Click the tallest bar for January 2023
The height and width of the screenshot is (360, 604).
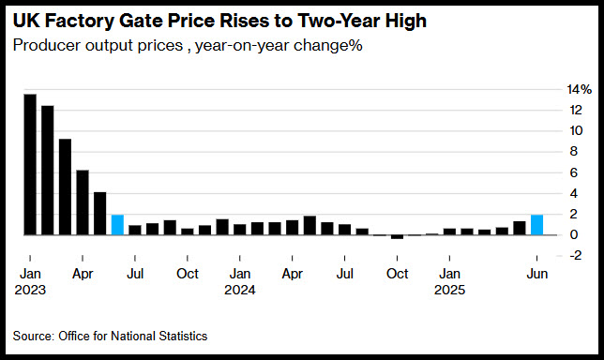click(30, 164)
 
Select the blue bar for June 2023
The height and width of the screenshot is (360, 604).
click(117, 225)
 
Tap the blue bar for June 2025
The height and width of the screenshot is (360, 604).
click(537, 225)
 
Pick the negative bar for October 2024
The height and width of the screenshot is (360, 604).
click(397, 237)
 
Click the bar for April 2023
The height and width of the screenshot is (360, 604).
click(83, 202)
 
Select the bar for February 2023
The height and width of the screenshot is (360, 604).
click(48, 171)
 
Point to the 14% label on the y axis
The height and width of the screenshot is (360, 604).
click(579, 90)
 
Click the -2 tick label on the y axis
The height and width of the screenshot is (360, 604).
click(575, 255)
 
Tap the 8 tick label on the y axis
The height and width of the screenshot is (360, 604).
click(574, 151)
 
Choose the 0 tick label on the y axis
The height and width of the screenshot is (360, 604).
click(574, 234)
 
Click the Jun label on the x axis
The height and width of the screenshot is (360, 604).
click(537, 274)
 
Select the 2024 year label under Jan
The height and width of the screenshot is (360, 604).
click(240, 290)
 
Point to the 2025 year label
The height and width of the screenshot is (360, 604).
click(449, 290)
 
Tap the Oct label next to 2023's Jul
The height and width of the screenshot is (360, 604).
click(188, 274)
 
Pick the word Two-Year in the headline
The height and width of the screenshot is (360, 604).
click(339, 21)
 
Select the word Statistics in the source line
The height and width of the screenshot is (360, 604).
click(183, 337)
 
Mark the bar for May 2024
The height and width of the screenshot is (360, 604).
click(310, 225)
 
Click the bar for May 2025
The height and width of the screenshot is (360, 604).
click(520, 228)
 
